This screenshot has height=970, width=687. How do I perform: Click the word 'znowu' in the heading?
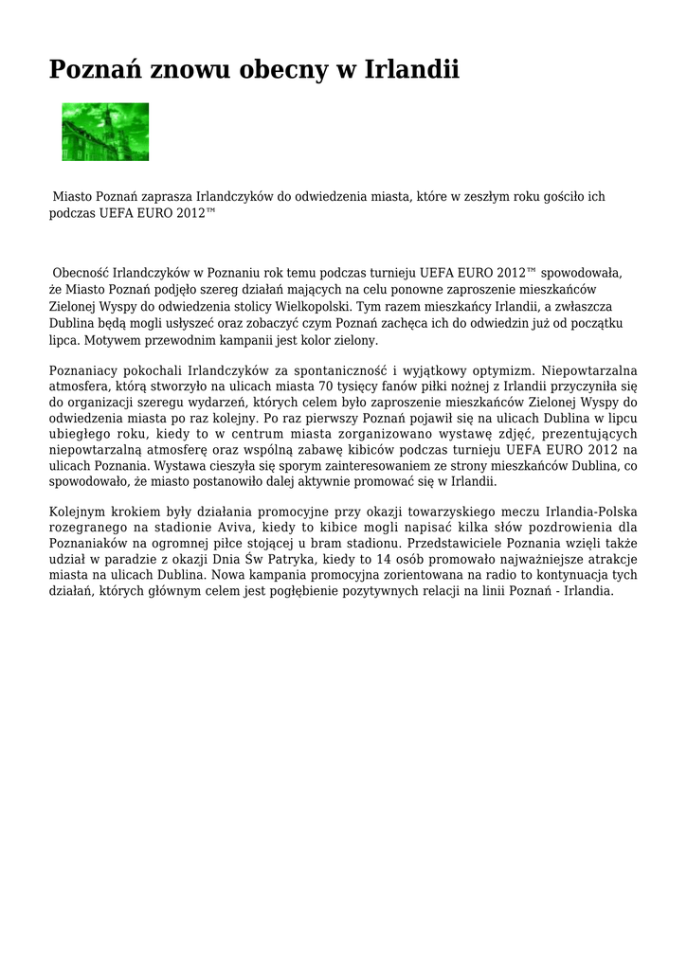190,69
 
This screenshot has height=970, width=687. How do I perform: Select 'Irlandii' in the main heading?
412,69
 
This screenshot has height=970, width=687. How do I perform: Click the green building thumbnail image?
105,132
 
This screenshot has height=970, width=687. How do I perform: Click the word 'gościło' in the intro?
557,197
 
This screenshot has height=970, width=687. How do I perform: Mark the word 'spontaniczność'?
331,369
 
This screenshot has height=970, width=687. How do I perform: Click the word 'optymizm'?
503,369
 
